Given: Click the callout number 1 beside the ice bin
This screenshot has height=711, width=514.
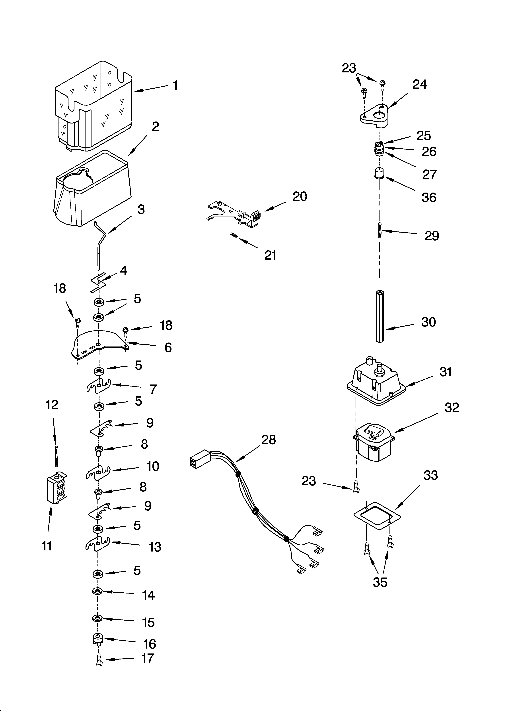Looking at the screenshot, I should pyautogui.click(x=176, y=85).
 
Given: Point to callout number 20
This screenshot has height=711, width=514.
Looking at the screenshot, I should pyautogui.click(x=300, y=197).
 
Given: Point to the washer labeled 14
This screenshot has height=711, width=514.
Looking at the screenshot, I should pyautogui.click(x=97, y=591).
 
